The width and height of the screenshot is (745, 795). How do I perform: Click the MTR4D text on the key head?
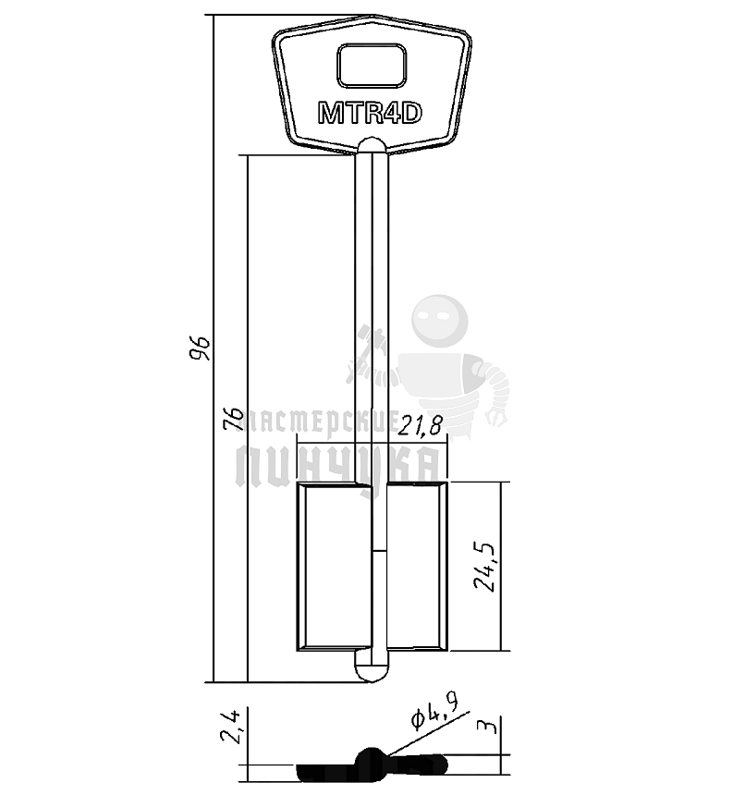tap(370, 113)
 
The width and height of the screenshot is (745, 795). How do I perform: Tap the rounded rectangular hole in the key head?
tap(372, 65)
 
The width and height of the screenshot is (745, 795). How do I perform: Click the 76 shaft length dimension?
tap(233, 419)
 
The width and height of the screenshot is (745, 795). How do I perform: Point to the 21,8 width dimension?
tap(420, 426)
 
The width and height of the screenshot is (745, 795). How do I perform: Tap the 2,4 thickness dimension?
tap(229, 727)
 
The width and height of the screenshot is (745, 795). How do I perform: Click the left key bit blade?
tap(335, 567)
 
